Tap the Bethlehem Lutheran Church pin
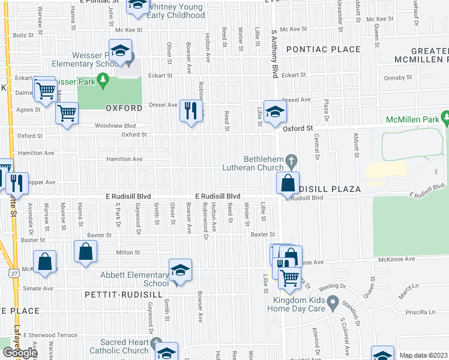pyautogui.click(x=292, y=160)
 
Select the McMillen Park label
pyautogui.click(x=414, y=119)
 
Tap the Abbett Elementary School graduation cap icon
pyautogui.click(x=179, y=270)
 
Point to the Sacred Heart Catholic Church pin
pyautogui.click(x=157, y=343)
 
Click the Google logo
pyautogui.click(x=20, y=352)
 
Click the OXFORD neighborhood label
pyautogui.click(x=124, y=109)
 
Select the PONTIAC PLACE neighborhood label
pyautogui.click(x=323, y=49)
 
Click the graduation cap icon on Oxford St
pyautogui.click(x=275, y=112)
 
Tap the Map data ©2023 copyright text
pyautogui.click(x=423, y=355)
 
